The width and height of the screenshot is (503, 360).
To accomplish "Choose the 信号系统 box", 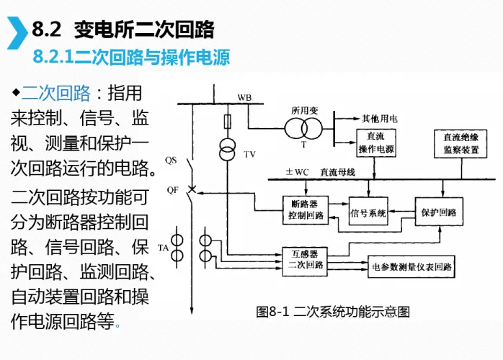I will [368, 213].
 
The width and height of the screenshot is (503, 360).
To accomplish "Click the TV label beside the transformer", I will [249, 154].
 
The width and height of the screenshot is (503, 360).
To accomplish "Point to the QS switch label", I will [171, 159].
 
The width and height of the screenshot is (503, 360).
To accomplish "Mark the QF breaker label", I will [172, 190].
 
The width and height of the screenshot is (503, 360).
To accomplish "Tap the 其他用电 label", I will [380, 119].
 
